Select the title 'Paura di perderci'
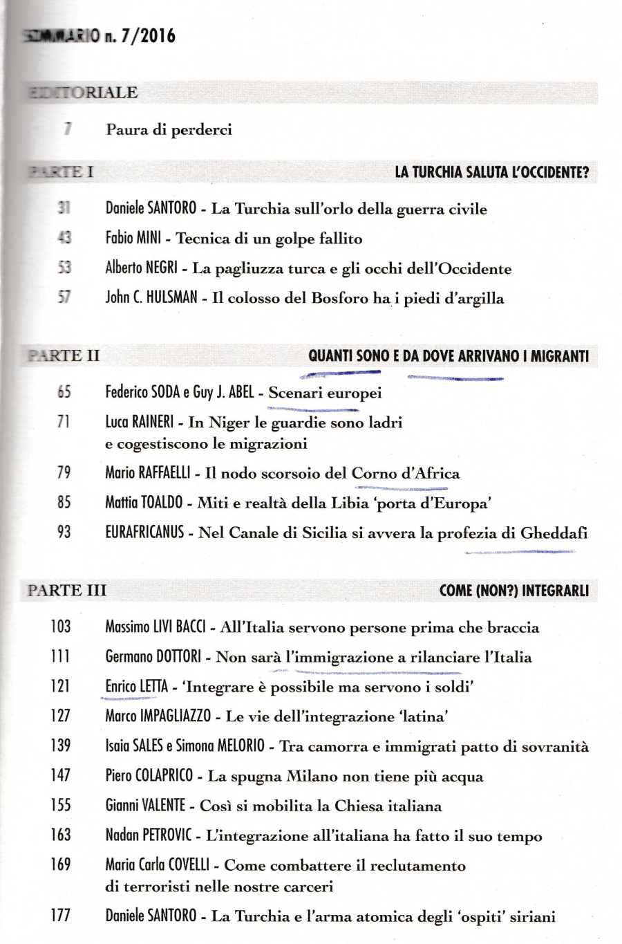169,129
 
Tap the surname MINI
149,239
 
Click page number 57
64,298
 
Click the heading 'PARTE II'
64,356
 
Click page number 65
64,392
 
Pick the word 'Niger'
229,423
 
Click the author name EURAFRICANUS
144,533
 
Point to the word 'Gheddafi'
553,533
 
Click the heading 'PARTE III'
67,591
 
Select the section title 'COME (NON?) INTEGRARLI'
513,591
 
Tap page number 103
61,627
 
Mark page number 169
61,865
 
